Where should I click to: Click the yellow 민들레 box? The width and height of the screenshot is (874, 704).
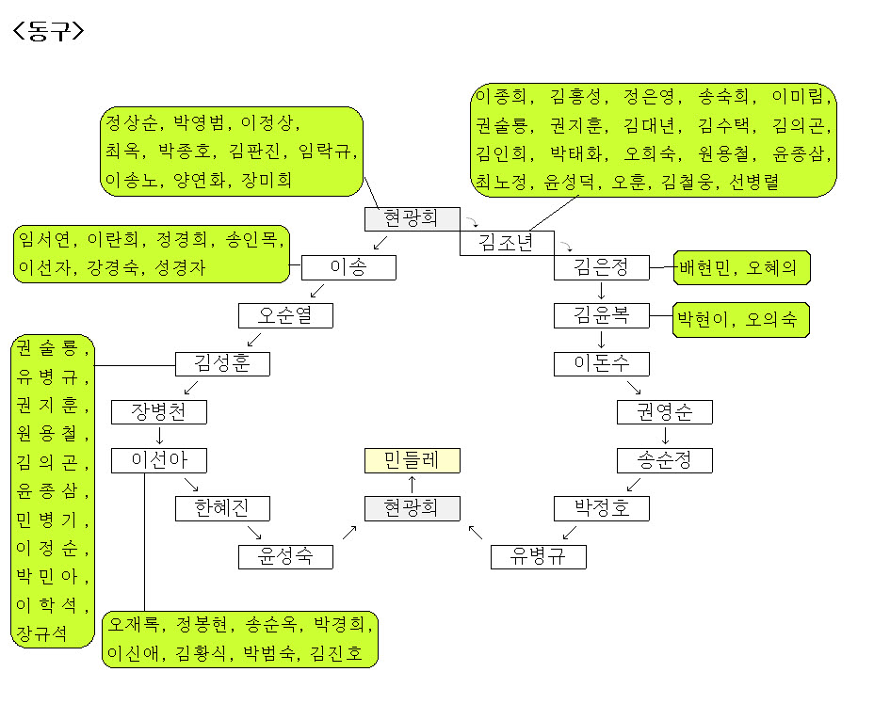pyautogui.click(x=413, y=460)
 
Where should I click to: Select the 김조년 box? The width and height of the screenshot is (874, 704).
pyautogui.click(x=507, y=243)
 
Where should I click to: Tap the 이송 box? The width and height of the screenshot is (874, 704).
pyautogui.click(x=348, y=268)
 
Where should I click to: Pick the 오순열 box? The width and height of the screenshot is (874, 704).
pyautogui.click(x=285, y=315)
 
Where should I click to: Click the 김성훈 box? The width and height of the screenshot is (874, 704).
pyautogui.click(x=222, y=363)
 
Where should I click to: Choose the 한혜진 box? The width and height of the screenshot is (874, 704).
pyautogui.click(x=222, y=508)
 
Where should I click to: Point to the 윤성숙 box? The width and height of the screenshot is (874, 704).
pyautogui.click(x=285, y=556)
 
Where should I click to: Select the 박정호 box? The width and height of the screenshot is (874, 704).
pyautogui.click(x=601, y=509)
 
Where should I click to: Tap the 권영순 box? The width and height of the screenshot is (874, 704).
pyautogui.click(x=664, y=411)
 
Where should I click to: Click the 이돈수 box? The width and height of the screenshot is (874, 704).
pyautogui.click(x=601, y=363)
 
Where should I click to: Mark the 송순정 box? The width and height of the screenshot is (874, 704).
pyautogui.click(x=664, y=460)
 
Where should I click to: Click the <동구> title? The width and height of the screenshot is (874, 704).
pyautogui.click(x=48, y=31)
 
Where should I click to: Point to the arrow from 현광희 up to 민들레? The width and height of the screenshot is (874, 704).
pyautogui.click(x=413, y=484)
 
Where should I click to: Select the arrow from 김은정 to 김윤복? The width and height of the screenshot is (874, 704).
pyautogui.click(x=601, y=292)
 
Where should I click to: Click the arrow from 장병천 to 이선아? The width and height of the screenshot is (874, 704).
pyautogui.click(x=159, y=436)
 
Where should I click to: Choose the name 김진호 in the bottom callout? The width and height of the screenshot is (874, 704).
pyautogui.click(x=338, y=653)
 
